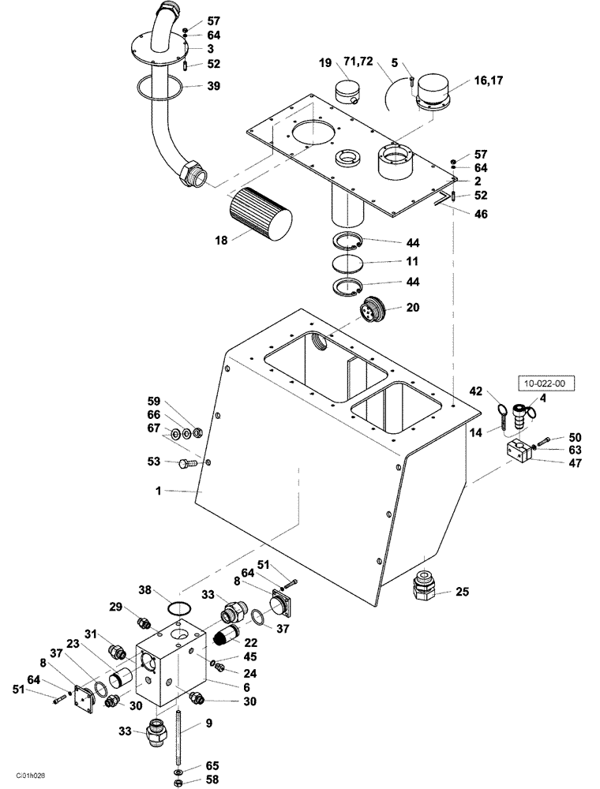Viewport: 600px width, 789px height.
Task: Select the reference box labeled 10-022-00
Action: (x=546, y=384)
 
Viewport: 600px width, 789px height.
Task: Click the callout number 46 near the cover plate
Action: (x=481, y=213)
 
